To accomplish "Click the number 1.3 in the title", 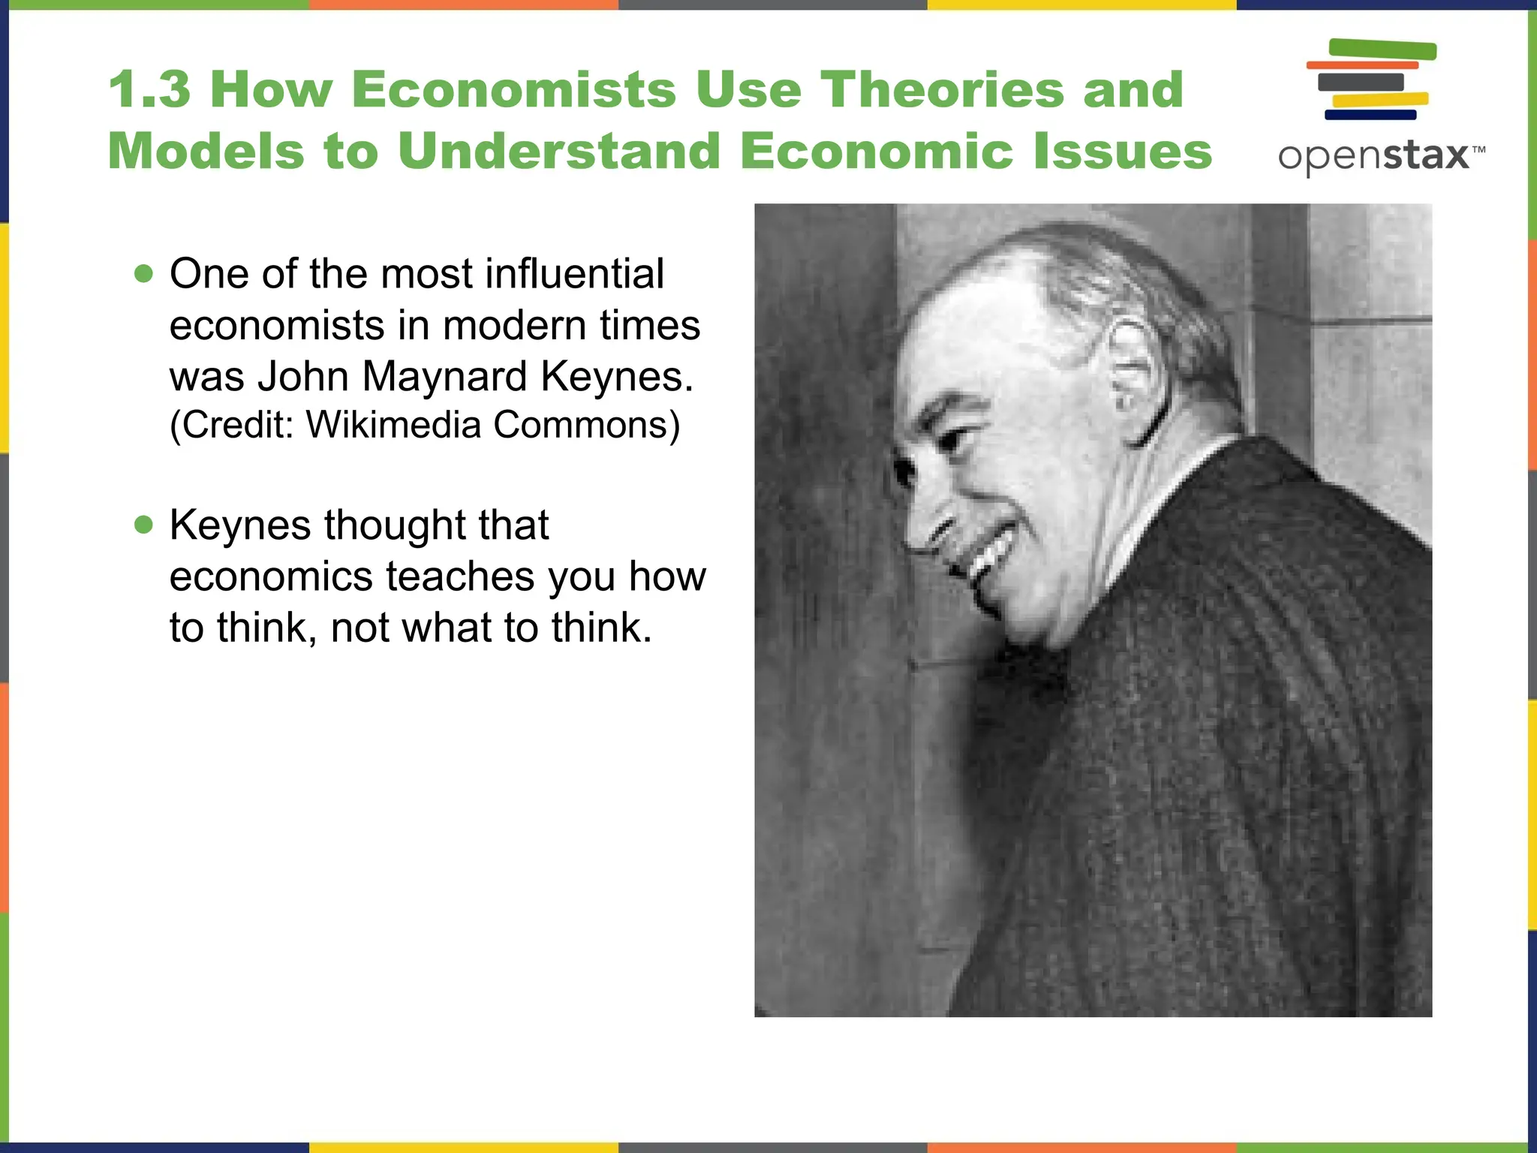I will coord(149,89).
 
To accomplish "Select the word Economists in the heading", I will coord(513,89).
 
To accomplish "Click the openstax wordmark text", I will coord(1373,156).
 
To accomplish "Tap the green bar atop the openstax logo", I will coord(1382,50).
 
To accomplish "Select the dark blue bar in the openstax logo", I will coord(1370,115).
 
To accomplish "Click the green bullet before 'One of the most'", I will coord(143,274).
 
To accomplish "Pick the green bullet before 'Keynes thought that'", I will coord(143,525).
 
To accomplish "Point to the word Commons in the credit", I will coord(586,425).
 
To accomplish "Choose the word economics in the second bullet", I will coord(271,576).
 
